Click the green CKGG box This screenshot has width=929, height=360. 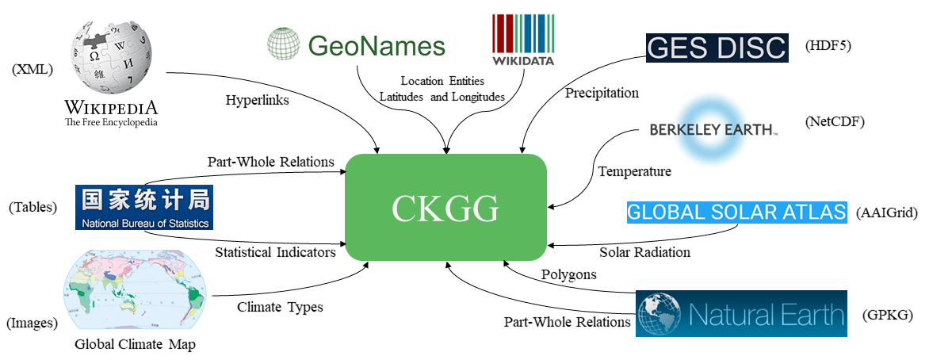(445, 208)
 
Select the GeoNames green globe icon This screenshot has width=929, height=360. (282, 44)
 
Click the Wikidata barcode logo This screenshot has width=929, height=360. (523, 40)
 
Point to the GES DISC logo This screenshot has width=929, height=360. (717, 48)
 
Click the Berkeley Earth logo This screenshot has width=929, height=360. (713, 129)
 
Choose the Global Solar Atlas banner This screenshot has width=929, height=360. (737, 213)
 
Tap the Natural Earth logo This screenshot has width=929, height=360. (741, 314)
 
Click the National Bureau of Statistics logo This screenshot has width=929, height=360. (143, 208)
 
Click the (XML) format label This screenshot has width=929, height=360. (32, 70)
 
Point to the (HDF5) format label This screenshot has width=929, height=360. (828, 45)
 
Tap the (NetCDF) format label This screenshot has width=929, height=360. (834, 122)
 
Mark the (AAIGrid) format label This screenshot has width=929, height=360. (886, 213)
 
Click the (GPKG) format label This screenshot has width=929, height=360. (887, 316)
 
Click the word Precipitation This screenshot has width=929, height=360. (602, 93)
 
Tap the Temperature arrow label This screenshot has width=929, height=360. (634, 171)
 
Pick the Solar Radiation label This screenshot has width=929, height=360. (644, 252)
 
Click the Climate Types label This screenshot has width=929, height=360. (280, 307)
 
